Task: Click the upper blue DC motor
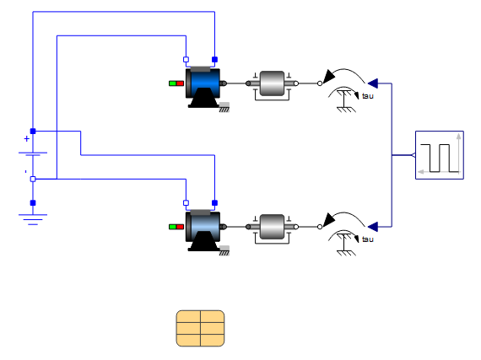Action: (204, 88)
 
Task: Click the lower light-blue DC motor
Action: (204, 231)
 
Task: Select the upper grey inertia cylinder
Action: (272, 83)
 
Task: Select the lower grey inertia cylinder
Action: (272, 227)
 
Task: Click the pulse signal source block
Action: (440, 155)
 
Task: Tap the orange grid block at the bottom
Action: (200, 328)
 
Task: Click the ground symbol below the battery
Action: (33, 219)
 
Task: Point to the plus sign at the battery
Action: (27, 139)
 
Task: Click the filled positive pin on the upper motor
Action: (214, 60)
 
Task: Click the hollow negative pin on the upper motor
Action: (186, 60)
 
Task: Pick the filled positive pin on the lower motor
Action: (214, 203)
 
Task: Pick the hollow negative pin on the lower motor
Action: (186, 203)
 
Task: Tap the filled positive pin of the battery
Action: (33, 132)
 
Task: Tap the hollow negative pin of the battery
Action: (33, 179)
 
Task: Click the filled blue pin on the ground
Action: (33, 203)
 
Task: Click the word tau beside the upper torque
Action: (367, 96)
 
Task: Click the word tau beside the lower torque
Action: (367, 239)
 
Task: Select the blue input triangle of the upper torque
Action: (373, 83)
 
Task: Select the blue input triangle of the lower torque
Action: (373, 227)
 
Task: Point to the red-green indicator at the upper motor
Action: (176, 83)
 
